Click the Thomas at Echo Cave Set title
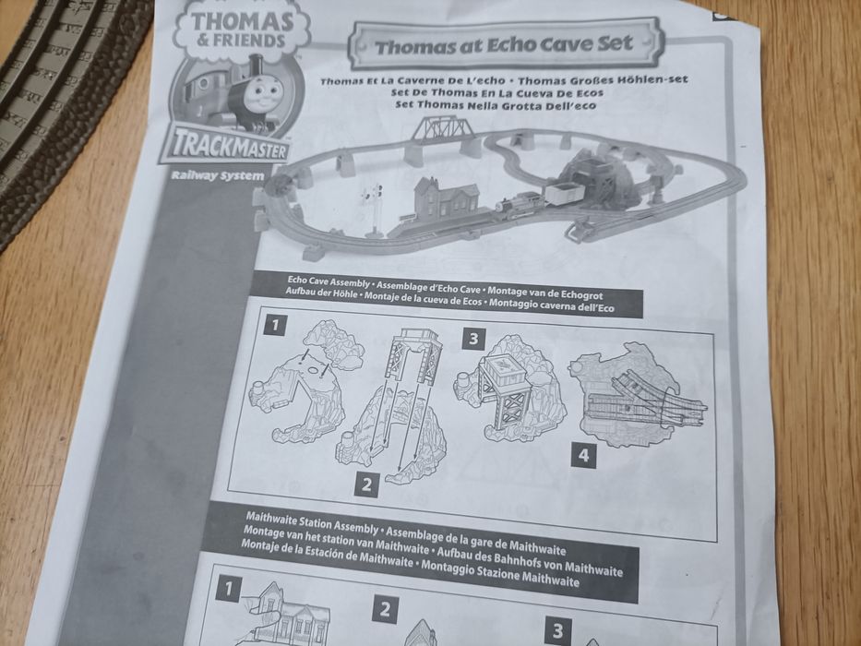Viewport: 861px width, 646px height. pyautogui.click(x=504, y=43)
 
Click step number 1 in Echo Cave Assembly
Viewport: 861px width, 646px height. pyautogui.click(x=274, y=325)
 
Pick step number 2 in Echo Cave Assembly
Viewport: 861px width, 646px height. pyautogui.click(x=366, y=483)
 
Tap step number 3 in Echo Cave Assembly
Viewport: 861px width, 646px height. pyautogui.click(x=472, y=339)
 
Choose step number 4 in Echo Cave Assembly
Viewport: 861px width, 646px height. pyautogui.click(x=582, y=455)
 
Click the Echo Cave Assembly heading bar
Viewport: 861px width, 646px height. pyautogui.click(x=451, y=294)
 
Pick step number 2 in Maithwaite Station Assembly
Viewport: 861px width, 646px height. pyautogui.click(x=386, y=610)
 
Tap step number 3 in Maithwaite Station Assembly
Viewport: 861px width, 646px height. pyautogui.click(x=556, y=631)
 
